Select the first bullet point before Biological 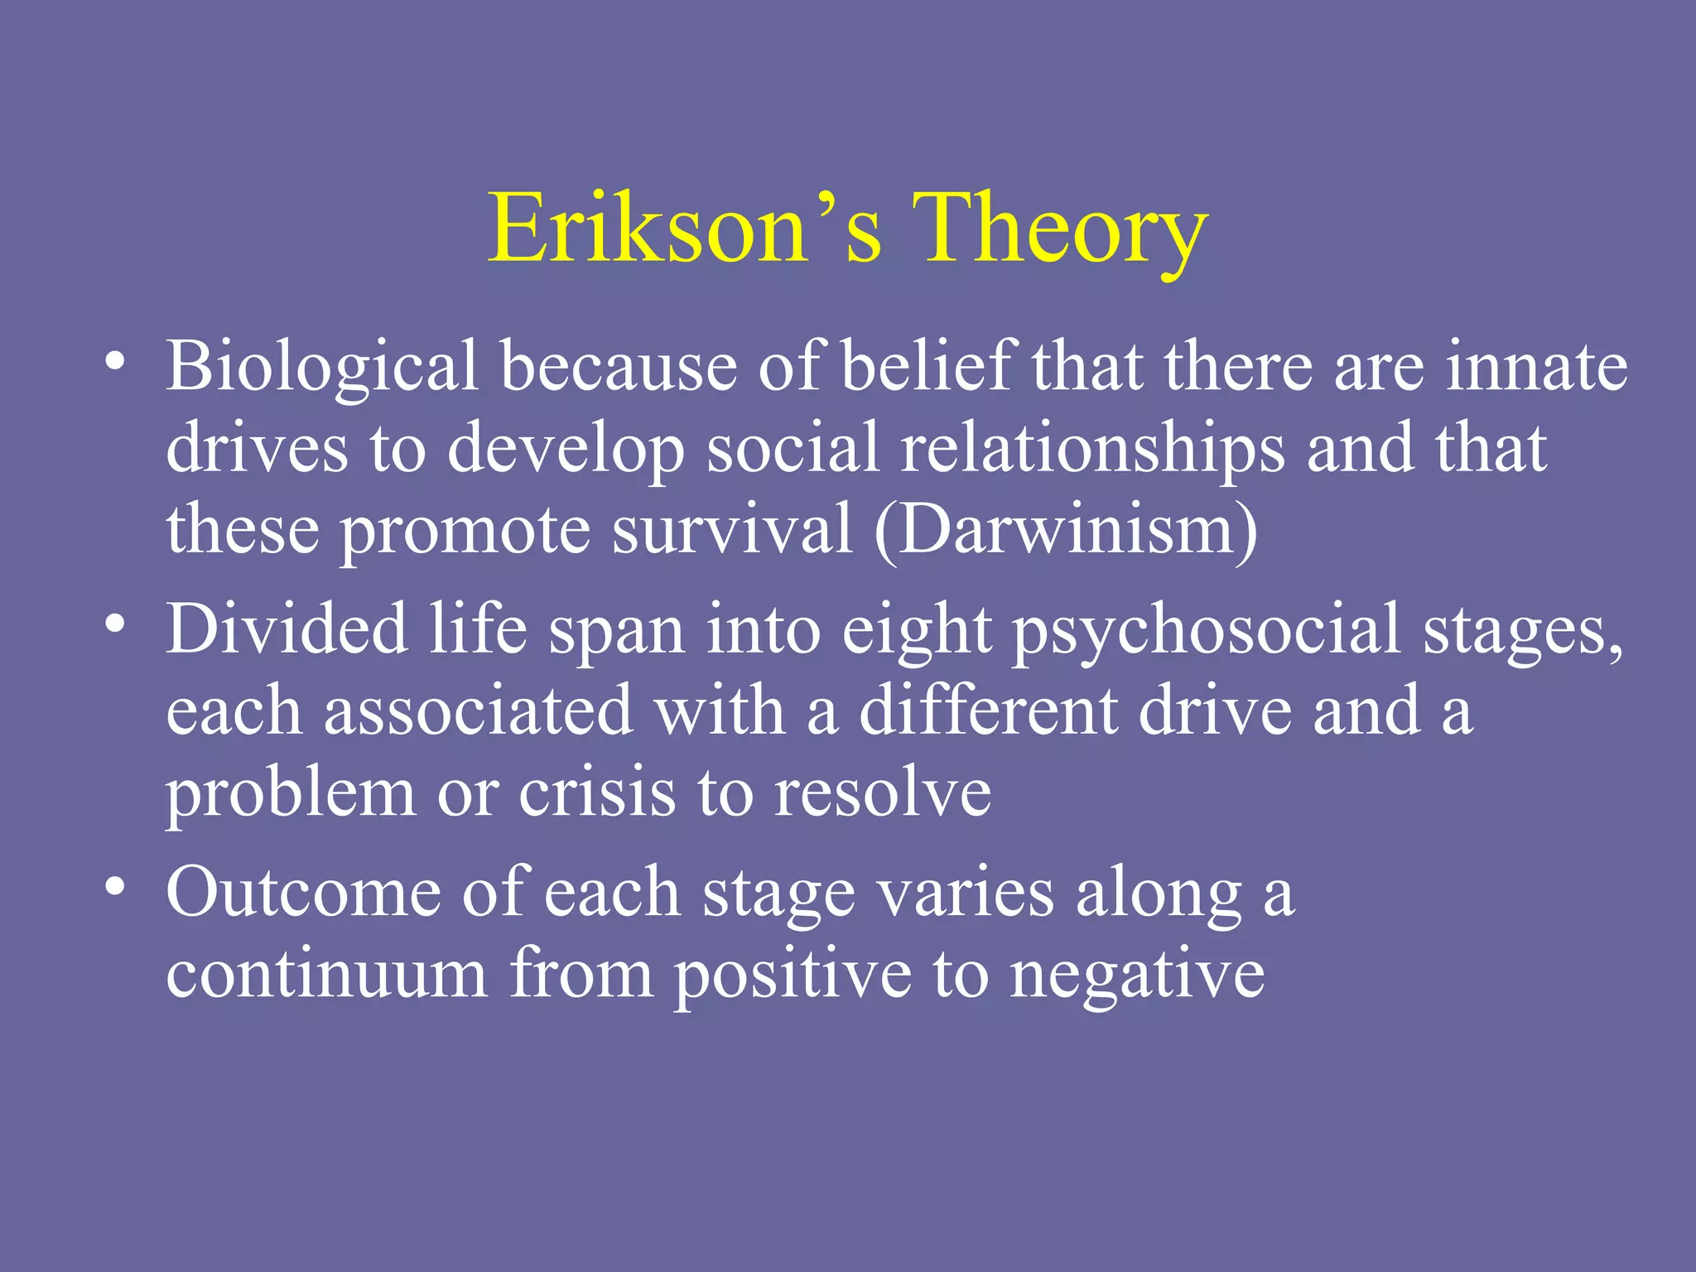click(115, 362)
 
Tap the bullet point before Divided click(115, 624)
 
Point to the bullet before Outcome click(115, 887)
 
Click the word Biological click(322, 366)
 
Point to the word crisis click(596, 793)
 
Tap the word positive click(792, 976)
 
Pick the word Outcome click(303, 893)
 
